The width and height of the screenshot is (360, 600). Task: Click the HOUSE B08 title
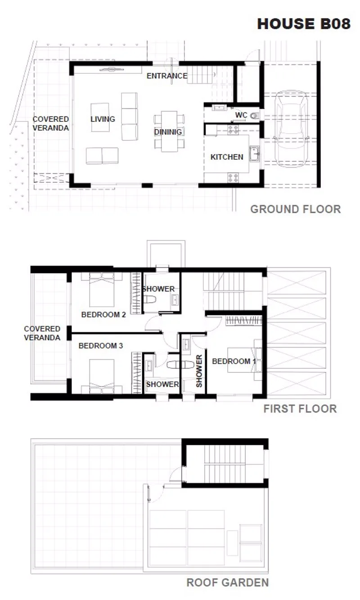pos(304,24)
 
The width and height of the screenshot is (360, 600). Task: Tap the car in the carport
pos(291,129)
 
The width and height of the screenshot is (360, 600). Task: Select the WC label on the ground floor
pos(241,115)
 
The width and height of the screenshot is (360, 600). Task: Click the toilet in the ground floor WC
pos(255,116)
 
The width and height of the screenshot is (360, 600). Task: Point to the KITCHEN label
pos(227,157)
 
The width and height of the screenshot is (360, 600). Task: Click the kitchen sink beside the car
pos(254,153)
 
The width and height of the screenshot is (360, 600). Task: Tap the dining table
pos(169,131)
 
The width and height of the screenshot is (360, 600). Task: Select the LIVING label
pos(103,119)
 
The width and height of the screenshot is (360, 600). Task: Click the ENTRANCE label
pos(167,76)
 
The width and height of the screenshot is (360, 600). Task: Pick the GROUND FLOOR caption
pos(295,209)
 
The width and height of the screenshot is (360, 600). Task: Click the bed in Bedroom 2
pos(102,290)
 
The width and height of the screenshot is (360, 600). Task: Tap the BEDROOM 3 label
pos(100,346)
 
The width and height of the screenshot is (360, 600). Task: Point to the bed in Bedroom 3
pos(102,376)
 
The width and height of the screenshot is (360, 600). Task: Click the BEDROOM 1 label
pos(234,361)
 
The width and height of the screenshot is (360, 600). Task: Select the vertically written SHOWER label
pos(199,371)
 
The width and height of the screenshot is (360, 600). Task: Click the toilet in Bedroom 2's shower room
pos(149,299)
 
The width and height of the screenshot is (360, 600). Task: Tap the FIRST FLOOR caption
pos(300,409)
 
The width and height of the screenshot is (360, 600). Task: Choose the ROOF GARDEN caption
pos(227,582)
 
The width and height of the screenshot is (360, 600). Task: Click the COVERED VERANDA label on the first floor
pos(42,333)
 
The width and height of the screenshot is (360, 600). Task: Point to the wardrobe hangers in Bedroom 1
pos(243,321)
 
